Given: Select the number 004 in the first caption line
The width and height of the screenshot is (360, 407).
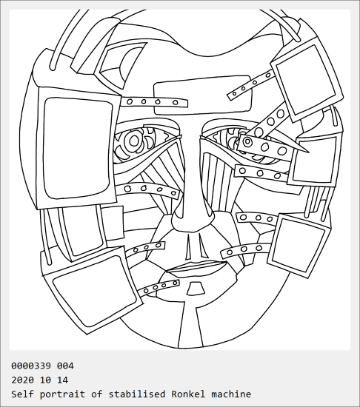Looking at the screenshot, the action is pos(65,366).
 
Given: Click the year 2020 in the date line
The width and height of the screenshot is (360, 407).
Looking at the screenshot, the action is pos(22,380).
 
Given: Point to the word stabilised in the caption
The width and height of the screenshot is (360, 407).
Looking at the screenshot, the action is pos(137,394).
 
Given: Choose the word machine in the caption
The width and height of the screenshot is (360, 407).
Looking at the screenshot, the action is pos(231,394).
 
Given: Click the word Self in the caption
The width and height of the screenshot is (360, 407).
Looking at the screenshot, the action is pos(22,394).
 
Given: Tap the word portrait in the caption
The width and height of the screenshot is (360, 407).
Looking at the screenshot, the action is pos(62,394).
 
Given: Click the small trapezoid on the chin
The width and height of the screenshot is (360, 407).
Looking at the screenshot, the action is pos(196,289).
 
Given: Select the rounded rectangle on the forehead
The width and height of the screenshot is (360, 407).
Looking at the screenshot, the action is pos(203,95).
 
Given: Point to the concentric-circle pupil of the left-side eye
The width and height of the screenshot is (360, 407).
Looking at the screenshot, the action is pos(134,141).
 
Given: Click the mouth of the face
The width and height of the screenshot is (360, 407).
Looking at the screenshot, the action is pos(197,267).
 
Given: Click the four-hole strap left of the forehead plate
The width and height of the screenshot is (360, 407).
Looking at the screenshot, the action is pos(154,102).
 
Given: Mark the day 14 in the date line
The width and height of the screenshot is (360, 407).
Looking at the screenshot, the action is pos(62,380).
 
